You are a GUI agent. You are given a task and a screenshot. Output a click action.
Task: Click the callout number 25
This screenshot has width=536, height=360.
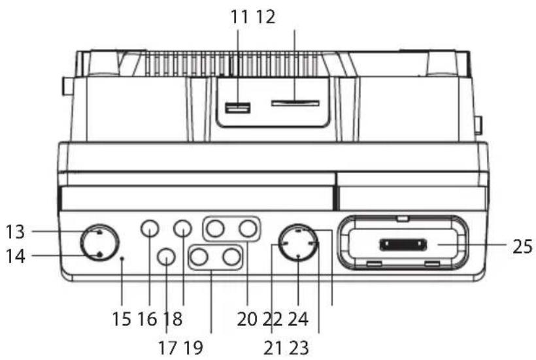coord(522,246)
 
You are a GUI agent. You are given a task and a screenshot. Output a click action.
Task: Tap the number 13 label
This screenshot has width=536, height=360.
coord(16,231)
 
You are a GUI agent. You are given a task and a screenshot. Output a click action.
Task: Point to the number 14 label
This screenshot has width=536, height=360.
coord(16,256)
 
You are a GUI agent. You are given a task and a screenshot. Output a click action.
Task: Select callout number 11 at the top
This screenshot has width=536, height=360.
coord(239,17)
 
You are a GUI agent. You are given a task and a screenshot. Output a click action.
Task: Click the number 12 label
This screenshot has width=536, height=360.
coord(265,17)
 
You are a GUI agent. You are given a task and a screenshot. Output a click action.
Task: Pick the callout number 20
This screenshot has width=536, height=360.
coord(247,319)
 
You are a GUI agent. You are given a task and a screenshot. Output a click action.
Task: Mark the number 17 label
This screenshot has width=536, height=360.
coord(167,348)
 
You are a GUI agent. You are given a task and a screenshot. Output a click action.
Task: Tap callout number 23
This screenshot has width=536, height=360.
coord(299,348)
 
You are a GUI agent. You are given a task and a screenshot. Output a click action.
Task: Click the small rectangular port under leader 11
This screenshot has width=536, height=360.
coord(237,108)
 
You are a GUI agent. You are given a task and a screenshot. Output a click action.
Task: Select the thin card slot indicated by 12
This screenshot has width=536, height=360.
coord(295,103)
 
